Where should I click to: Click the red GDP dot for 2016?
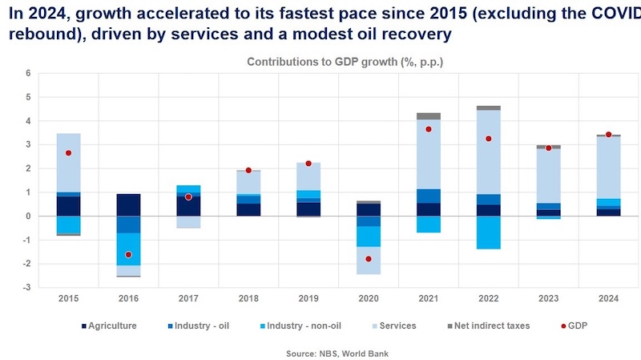[128, 254]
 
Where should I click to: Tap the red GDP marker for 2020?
[369, 259]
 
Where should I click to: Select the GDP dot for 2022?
[489, 139]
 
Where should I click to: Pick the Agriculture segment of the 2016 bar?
[128, 205]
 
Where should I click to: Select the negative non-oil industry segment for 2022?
[489, 233]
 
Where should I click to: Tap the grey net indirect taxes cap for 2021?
[429, 116]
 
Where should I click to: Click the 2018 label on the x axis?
[248, 298]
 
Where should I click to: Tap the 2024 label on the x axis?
[608, 298]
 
